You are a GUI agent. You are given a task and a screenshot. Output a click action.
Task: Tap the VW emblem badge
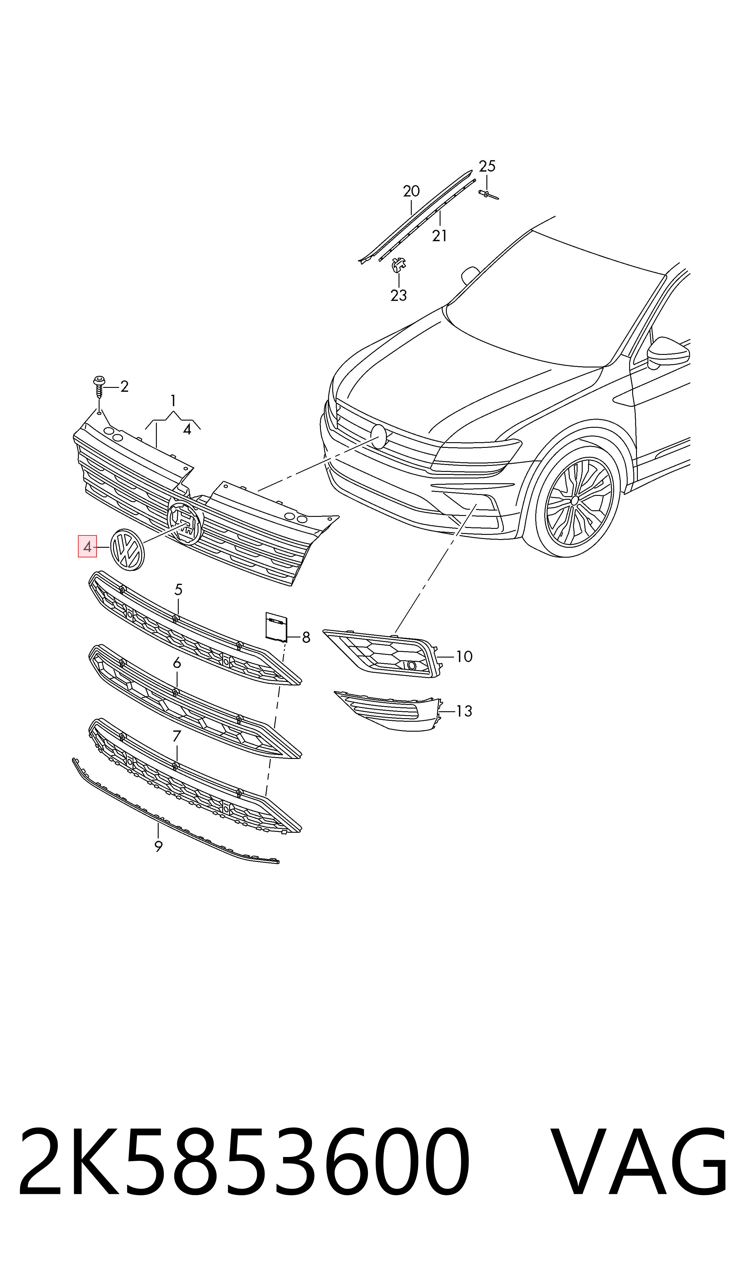(x=127, y=550)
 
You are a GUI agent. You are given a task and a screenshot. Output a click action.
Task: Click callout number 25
(x=487, y=166)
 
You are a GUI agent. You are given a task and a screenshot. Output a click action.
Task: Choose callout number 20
(x=411, y=191)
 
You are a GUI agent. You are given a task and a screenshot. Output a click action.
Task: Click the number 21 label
(x=439, y=235)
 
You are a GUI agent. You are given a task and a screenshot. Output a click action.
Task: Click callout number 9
(x=159, y=847)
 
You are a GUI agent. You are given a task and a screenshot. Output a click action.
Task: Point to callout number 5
(x=178, y=589)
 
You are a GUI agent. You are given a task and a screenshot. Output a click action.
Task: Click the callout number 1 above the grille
(x=173, y=401)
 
